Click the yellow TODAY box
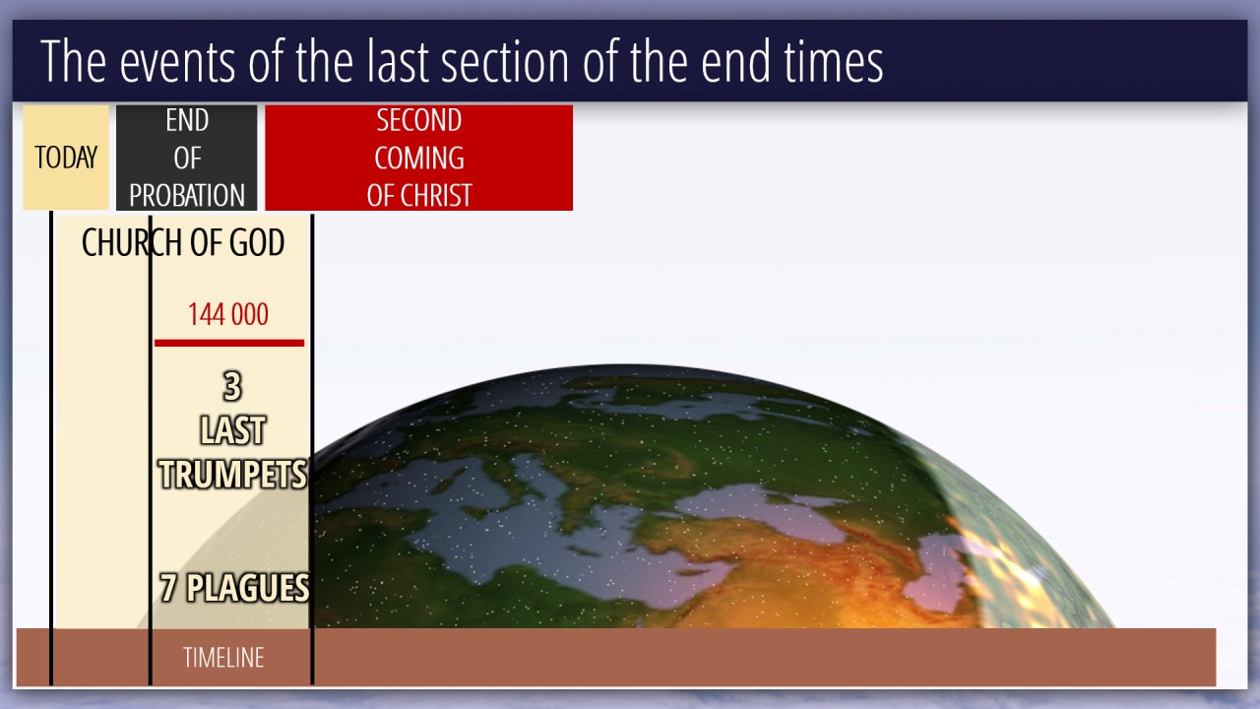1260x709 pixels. tap(66, 158)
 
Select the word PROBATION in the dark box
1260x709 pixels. tap(187, 195)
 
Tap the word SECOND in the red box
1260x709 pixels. tap(419, 120)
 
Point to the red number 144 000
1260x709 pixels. tap(227, 314)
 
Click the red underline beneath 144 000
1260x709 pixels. tap(229, 343)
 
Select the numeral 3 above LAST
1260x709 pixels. tap(232, 387)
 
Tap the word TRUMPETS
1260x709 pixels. tap(233, 474)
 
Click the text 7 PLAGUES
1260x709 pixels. tap(234, 588)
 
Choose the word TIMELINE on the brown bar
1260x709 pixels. tap(223, 657)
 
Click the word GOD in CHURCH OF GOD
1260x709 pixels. tap(257, 242)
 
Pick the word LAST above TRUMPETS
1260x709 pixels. tap(232, 430)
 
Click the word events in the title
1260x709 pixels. tap(177, 62)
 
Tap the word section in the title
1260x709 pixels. tap(505, 61)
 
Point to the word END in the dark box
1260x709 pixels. tap(187, 120)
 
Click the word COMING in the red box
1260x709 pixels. tap(419, 158)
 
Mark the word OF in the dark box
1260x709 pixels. tap(187, 158)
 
